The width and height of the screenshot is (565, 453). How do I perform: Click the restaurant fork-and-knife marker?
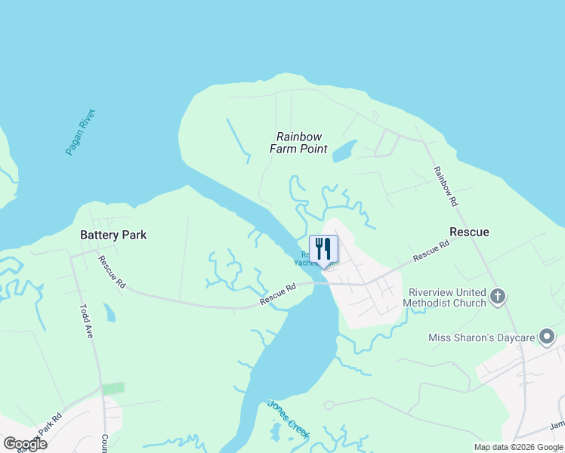pos(323,249)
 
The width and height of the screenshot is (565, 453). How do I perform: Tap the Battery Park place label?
pos(113,235)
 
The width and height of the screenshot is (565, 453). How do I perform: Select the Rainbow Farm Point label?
pos(299,143)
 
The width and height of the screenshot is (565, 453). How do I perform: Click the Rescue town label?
pos(469,232)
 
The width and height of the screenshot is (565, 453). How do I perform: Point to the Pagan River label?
pos(81,132)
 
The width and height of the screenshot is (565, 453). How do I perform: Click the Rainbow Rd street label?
pos(445,186)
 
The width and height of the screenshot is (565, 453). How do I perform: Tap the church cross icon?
pos(497,296)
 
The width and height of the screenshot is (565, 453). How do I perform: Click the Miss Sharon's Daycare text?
pos(481,337)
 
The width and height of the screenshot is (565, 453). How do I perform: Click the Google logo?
pos(25,444)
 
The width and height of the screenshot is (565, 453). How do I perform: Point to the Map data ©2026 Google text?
pos(518,447)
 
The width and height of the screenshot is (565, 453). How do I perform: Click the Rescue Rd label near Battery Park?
pos(111,272)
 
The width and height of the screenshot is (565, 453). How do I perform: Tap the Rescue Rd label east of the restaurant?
pos(431,251)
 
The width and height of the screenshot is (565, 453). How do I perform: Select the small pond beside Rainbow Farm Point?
pos(344,150)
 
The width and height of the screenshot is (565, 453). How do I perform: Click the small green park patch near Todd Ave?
pos(113,388)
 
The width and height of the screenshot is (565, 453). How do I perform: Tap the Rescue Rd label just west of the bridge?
pos(278,295)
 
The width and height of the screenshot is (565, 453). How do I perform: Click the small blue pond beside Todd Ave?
pos(110,312)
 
